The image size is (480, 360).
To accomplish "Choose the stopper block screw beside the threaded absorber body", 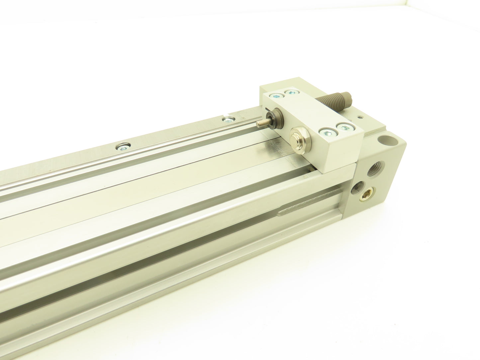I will click(x=291, y=93).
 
